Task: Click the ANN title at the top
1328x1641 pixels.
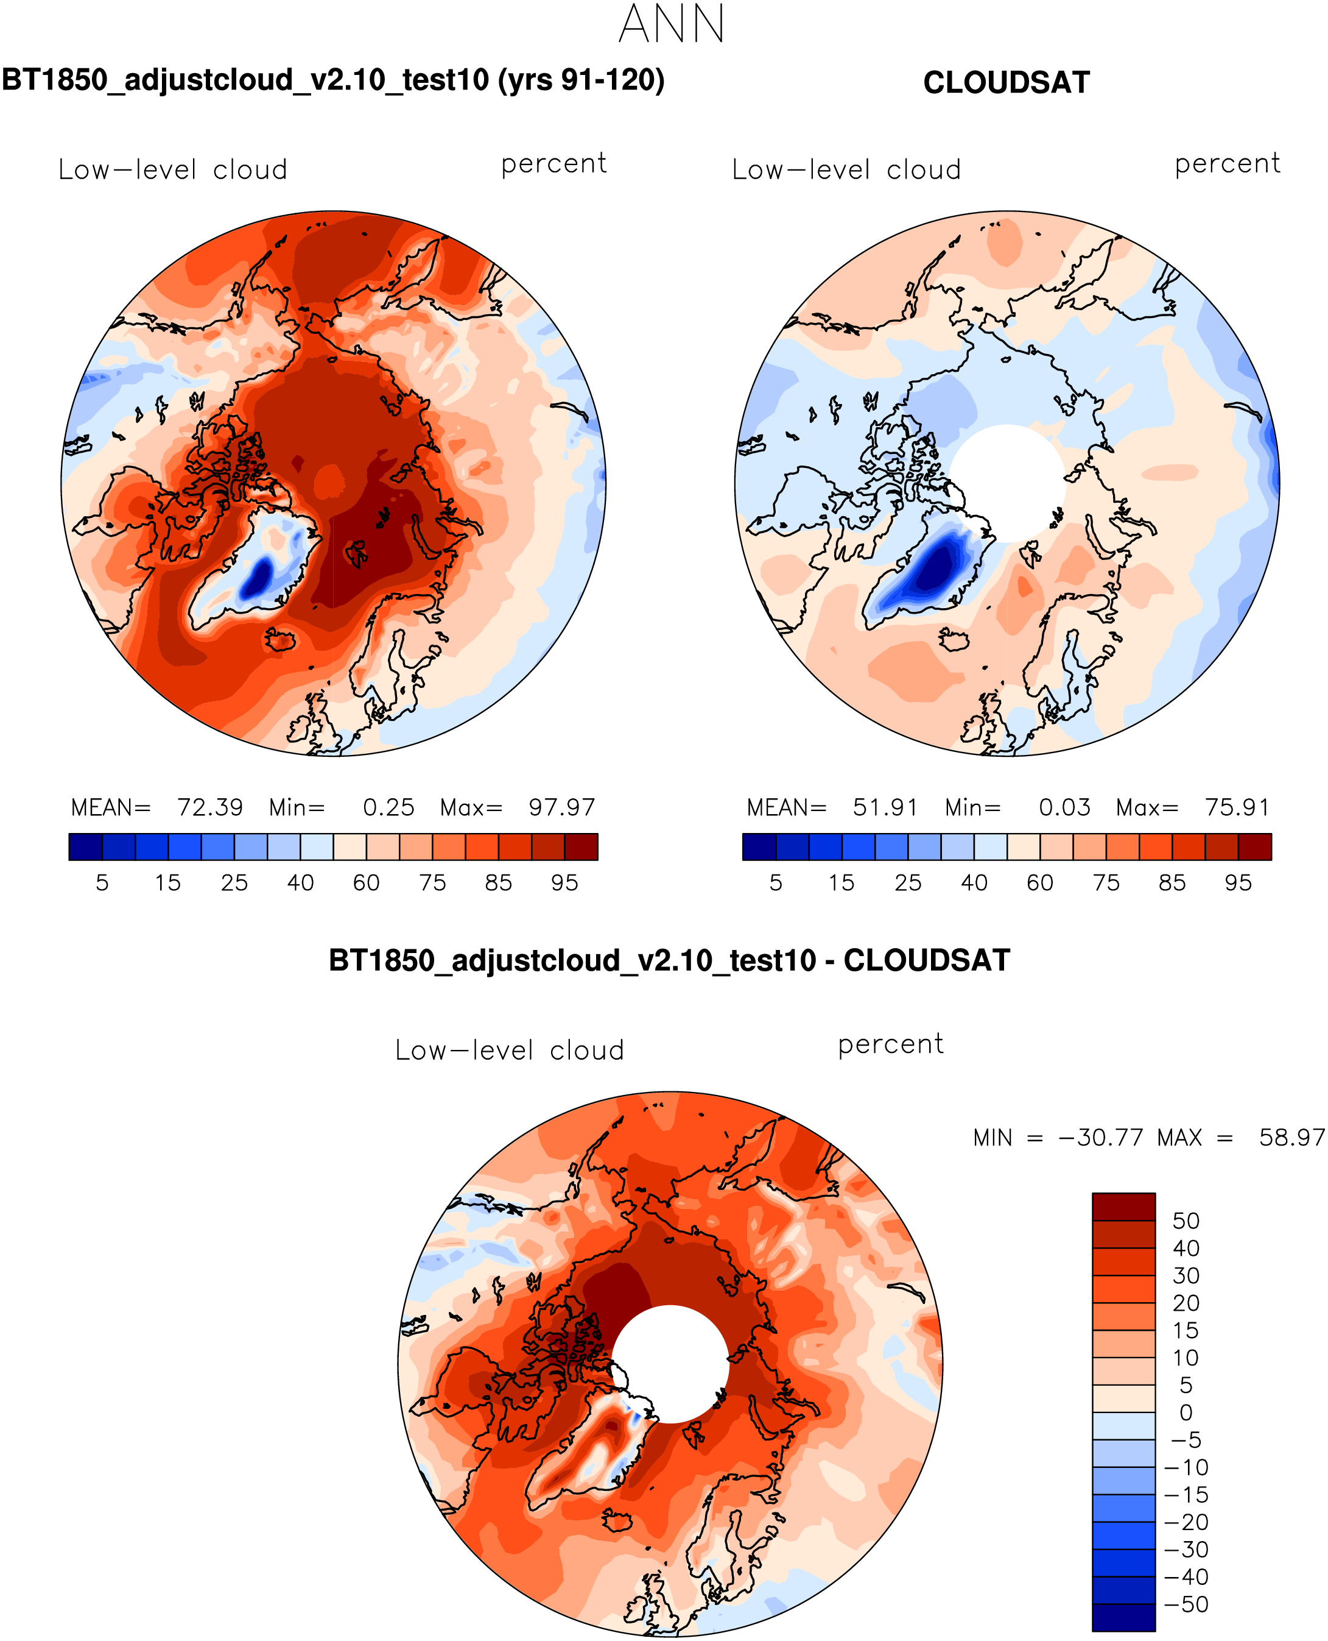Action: (x=671, y=25)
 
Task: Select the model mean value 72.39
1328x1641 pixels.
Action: (x=209, y=807)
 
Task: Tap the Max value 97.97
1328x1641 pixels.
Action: (x=561, y=807)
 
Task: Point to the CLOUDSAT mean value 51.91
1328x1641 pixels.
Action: (x=885, y=807)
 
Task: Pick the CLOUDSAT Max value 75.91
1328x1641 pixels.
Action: (x=1237, y=807)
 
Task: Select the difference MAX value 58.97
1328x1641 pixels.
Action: (x=1291, y=1138)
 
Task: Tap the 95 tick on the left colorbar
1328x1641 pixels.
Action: (x=564, y=883)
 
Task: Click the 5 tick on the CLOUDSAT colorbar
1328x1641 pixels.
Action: (x=776, y=883)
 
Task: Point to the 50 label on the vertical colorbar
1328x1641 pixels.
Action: (x=1186, y=1221)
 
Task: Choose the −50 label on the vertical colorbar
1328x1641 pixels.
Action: (x=1186, y=1604)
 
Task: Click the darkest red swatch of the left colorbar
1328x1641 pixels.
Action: (x=581, y=846)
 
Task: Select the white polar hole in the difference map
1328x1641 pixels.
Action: (x=670, y=1364)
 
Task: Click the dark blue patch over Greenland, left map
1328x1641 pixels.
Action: (x=257, y=578)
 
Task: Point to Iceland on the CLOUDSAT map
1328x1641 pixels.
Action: (x=953, y=639)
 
